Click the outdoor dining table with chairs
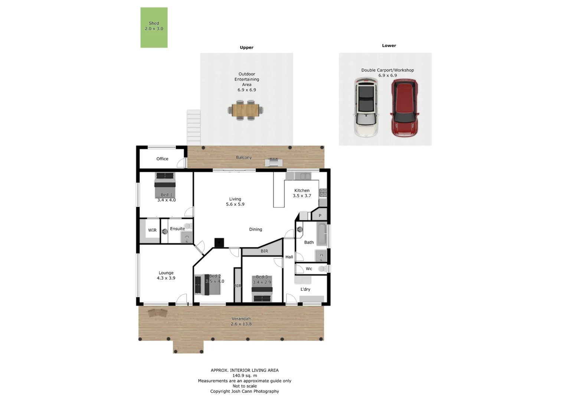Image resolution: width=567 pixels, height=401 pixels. [x=245, y=110]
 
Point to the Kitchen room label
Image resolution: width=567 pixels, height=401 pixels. [x=302, y=190]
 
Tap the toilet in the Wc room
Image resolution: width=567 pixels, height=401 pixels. [x=323, y=268]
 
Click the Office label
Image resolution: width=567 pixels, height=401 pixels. [x=162, y=159]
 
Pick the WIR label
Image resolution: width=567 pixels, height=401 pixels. [x=152, y=230]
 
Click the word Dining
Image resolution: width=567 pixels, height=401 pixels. [x=255, y=229]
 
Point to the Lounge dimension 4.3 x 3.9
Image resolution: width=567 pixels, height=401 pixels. [x=166, y=278]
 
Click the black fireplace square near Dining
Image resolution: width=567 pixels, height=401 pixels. [x=219, y=242]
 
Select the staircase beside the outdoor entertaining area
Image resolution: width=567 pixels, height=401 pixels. [x=194, y=127]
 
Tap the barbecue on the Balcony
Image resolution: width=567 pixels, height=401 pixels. [x=273, y=162]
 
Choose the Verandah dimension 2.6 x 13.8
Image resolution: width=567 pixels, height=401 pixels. [x=241, y=324]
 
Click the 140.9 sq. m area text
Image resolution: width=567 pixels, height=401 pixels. [x=245, y=376]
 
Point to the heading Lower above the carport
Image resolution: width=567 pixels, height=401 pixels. [x=389, y=46]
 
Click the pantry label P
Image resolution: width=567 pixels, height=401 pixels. [x=320, y=215]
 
